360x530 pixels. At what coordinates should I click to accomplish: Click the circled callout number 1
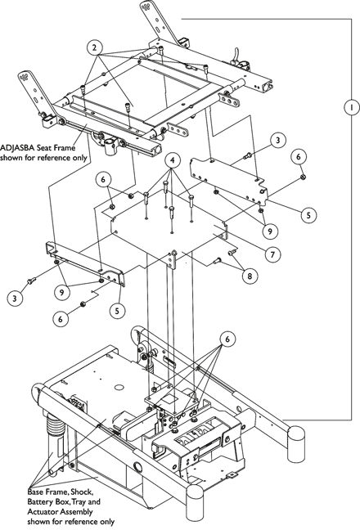click(x=352, y=107)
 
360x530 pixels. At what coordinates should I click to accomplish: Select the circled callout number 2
click(x=95, y=47)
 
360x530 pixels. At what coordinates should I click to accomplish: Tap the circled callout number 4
click(x=173, y=161)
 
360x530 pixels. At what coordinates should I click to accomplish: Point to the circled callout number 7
click(x=272, y=254)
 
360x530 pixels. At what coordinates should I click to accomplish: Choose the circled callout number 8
click(x=250, y=276)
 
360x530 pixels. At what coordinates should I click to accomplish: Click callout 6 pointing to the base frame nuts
click(x=227, y=339)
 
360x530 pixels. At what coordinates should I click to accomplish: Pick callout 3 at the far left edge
click(x=15, y=298)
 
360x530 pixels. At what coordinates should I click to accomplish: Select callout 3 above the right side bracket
click(x=278, y=140)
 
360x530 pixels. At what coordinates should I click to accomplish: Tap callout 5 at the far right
click(x=308, y=215)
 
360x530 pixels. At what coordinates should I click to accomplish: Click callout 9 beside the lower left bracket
click(x=61, y=292)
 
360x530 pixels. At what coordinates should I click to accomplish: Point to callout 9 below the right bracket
click(x=270, y=231)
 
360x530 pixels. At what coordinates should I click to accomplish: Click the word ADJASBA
click(x=15, y=148)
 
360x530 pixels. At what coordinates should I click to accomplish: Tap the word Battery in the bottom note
click(x=39, y=501)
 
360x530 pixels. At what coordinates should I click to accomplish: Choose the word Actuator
click(x=41, y=512)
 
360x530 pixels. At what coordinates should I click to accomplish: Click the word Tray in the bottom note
click(x=83, y=501)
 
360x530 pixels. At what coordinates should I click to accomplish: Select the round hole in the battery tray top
click(x=119, y=386)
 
